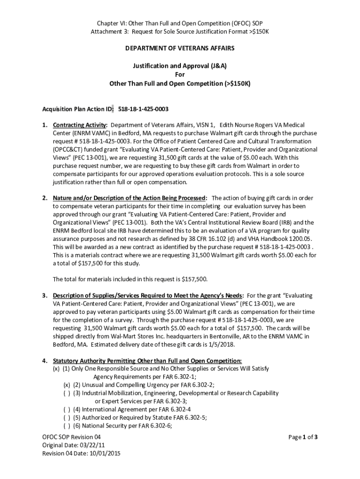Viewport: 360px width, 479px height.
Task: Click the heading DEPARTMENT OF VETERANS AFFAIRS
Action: (180, 48)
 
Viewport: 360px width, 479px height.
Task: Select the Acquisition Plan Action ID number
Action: (143, 109)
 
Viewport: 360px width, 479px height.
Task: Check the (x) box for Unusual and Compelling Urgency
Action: (67, 385)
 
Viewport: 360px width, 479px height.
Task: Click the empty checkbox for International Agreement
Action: (67, 409)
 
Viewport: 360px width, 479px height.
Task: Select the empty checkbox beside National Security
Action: (67, 426)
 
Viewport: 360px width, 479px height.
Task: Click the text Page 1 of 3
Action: (303, 437)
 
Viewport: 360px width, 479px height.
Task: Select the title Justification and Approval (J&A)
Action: (180, 66)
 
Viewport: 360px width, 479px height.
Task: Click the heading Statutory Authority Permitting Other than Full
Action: (147, 361)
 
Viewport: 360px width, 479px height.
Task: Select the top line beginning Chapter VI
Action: (180, 23)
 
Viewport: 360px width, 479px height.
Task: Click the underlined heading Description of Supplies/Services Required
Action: (147, 296)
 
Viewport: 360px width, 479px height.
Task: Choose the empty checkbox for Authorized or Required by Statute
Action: (67, 417)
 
